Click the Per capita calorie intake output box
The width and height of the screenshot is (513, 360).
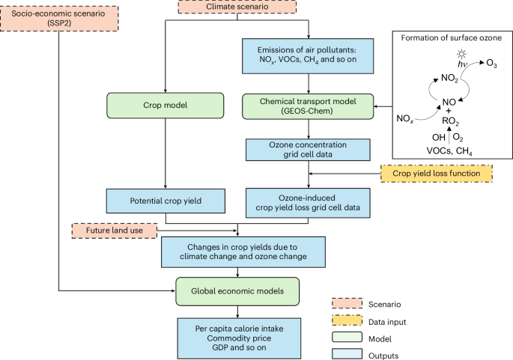[238, 335]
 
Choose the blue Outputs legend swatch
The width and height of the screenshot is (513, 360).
[345, 353]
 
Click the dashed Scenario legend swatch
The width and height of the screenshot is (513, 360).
[345, 303]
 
